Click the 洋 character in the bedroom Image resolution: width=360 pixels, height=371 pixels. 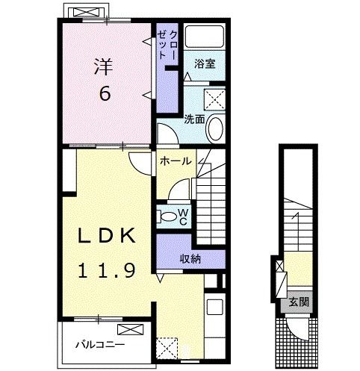click(x=104, y=66)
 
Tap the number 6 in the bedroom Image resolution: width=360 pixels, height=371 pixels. click(x=105, y=93)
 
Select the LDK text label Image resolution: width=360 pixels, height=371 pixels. click(x=107, y=235)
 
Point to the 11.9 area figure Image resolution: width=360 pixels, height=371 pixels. click(x=107, y=270)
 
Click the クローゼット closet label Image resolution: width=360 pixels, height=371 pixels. click(x=167, y=45)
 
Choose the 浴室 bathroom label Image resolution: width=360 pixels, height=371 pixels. click(x=205, y=63)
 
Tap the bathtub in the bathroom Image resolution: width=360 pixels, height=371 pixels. click(x=205, y=37)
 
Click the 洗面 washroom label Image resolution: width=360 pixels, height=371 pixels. click(x=194, y=119)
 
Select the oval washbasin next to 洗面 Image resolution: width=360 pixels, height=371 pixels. click(x=215, y=128)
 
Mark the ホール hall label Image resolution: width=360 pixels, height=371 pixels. click(x=176, y=161)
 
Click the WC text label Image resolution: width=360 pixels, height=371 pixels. click(x=183, y=216)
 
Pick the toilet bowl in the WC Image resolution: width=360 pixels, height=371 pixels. click(x=167, y=216)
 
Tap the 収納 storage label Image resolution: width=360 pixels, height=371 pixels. click(x=190, y=259)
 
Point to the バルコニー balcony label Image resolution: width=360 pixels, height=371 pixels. click(x=100, y=345)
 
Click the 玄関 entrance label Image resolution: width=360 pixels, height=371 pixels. click(x=299, y=302)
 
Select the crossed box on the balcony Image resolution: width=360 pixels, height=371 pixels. click(x=131, y=329)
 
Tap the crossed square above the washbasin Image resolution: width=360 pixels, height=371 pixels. click(x=214, y=99)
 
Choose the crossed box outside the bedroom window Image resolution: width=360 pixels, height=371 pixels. click(x=86, y=12)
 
